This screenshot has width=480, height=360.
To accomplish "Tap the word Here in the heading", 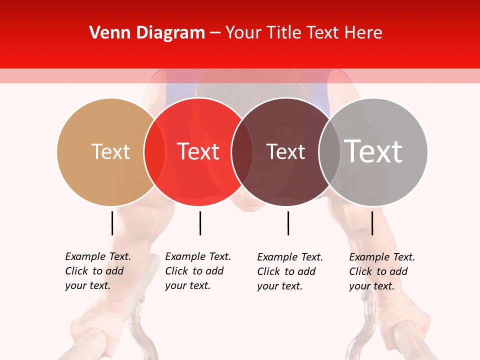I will pyautogui.click(x=364, y=33).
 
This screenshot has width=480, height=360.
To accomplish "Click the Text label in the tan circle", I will pyautogui.click(x=110, y=151).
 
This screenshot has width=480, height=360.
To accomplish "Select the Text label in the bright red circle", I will pyautogui.click(x=198, y=151).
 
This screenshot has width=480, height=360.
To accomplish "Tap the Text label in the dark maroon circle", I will pyautogui.click(x=285, y=151).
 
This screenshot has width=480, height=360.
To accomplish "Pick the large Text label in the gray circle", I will pyautogui.click(x=373, y=151).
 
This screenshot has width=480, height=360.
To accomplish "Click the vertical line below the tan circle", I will pyautogui.click(x=112, y=223).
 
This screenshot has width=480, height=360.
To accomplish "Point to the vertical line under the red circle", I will pyautogui.click(x=200, y=223).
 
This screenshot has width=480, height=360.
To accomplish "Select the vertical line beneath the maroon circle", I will pyautogui.click(x=288, y=223).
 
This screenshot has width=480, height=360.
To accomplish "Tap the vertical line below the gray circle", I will pyautogui.click(x=372, y=223).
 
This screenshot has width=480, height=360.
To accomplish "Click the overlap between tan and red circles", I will pyautogui.click(x=154, y=151).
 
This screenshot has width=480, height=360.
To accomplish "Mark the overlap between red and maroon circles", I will pyautogui.click(x=242, y=151).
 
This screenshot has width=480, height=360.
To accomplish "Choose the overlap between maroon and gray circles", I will pyautogui.click(x=329, y=151).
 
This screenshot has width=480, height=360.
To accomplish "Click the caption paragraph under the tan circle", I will pyautogui.click(x=98, y=271).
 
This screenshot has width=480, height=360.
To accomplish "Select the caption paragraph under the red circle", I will pyautogui.click(x=198, y=271).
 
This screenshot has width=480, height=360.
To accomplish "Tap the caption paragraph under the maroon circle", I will pyautogui.click(x=290, y=271).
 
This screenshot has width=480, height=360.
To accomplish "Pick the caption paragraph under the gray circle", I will pyautogui.click(x=382, y=271).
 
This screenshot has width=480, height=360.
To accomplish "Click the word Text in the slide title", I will pyautogui.click(x=322, y=33).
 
